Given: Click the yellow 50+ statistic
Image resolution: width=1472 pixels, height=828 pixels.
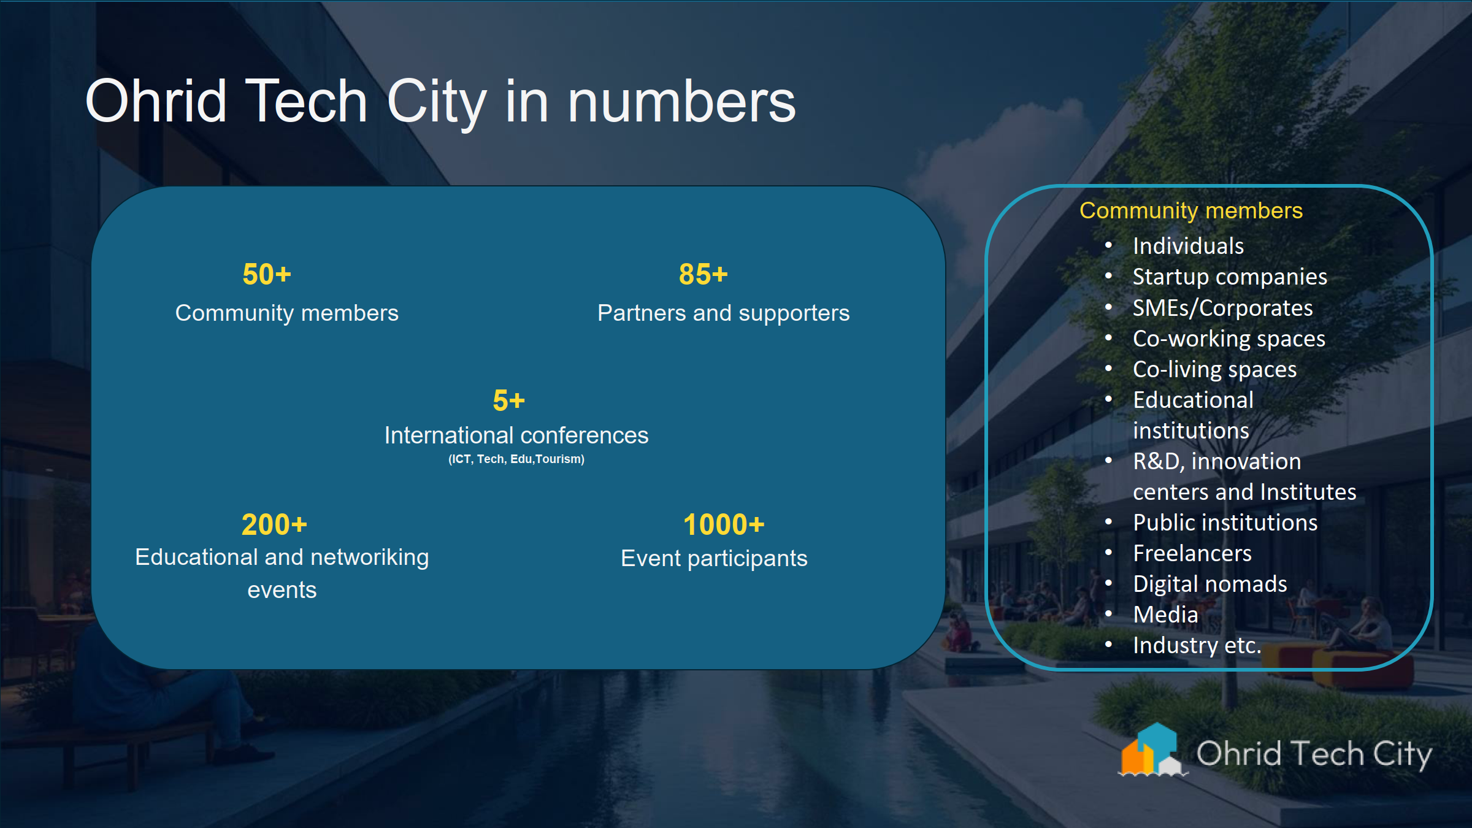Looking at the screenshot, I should pos(267,274).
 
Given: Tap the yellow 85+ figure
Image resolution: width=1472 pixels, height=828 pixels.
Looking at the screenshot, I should pos(703,274).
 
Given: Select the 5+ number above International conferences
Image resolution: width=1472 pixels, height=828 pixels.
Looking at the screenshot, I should pos(508,401).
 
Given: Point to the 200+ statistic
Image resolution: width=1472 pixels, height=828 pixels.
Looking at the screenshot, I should pos(274,524).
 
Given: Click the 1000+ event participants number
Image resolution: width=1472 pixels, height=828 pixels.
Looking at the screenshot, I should pos(724,524).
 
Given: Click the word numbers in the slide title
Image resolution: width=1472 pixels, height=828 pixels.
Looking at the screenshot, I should pos(681,102).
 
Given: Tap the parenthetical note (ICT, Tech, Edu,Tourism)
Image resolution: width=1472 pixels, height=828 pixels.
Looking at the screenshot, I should pos(516,459).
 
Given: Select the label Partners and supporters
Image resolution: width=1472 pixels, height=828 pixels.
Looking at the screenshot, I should pos(723,313).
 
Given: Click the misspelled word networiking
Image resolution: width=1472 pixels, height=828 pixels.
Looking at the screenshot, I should pos(370,557).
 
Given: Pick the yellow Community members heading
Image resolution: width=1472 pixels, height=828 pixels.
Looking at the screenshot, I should pos(1190,210).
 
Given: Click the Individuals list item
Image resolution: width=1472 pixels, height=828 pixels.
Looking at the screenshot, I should pos(1188,246).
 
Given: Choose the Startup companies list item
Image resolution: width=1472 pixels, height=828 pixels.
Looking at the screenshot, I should pos(1229,277).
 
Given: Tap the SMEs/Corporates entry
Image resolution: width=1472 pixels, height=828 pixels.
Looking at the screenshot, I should pos(1222,308).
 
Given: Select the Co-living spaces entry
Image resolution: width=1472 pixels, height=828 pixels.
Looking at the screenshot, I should pos(1214,369).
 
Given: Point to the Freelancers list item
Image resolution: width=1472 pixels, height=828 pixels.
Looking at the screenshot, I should pos(1192,553).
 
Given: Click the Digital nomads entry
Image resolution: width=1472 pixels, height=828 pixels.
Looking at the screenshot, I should pos(1209,584).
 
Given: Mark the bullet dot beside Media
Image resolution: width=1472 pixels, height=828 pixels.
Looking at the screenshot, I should pos(1108,613).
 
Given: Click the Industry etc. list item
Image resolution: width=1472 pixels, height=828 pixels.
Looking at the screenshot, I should pos(1197,645).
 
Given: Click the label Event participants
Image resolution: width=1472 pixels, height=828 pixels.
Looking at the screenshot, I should pos(714,558).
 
